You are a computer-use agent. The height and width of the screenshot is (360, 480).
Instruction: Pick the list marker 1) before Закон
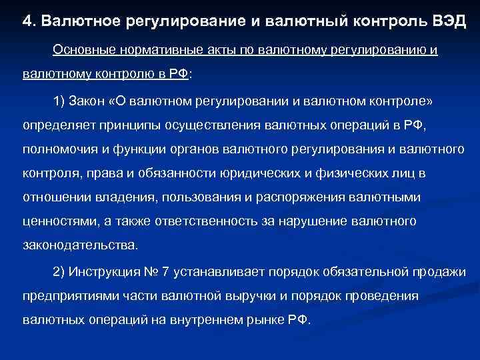pyautogui.click(x=61, y=101)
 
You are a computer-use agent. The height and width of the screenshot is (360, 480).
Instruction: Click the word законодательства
pyautogui.click(x=81, y=245)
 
